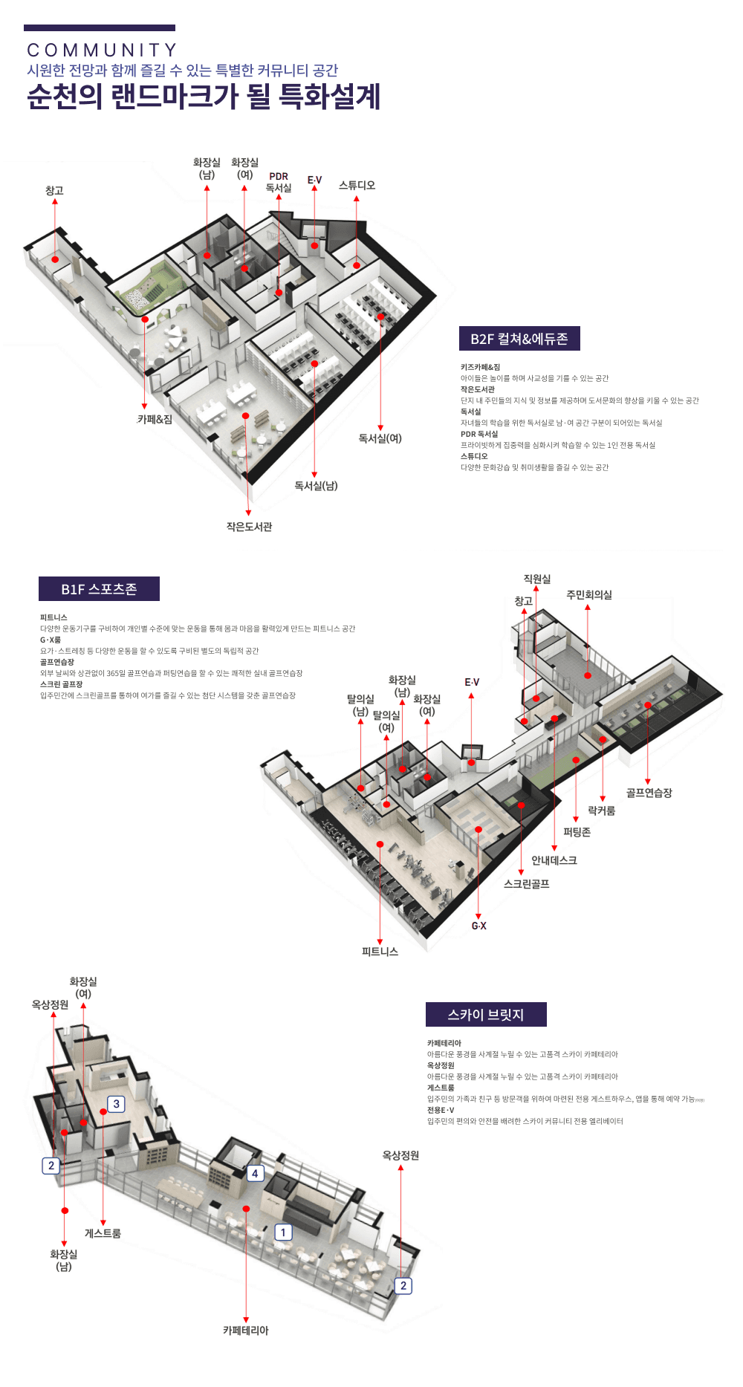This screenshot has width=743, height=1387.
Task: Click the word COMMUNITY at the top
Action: coord(102,51)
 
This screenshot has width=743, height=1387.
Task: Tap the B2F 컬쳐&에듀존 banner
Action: coord(519,339)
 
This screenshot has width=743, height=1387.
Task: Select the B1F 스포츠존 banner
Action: coord(99,589)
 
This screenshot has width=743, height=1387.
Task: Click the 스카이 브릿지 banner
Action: coord(486,1015)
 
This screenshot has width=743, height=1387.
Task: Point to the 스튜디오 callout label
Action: coord(357,185)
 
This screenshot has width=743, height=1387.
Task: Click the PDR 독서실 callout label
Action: coord(279,183)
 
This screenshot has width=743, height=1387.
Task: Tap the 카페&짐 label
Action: coord(155,419)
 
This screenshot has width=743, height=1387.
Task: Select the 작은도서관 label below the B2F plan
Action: coord(249,527)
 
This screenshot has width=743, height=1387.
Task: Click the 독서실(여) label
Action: coord(380,438)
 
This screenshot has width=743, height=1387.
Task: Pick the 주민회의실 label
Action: coord(588,594)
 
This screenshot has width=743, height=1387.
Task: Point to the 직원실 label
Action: coord(536,579)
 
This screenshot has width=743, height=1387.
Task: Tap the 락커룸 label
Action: coord(601,811)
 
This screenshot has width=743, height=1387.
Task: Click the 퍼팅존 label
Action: coord(577,832)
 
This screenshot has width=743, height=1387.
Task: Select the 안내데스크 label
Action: coord(554,860)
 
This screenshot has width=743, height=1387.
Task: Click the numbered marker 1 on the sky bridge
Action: coord(283,1232)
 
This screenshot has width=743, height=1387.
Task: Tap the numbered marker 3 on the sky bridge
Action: coord(116,1104)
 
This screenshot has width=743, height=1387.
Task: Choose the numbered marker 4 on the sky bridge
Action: coord(255,1173)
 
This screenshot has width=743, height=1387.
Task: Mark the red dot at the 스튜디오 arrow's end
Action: coord(357,265)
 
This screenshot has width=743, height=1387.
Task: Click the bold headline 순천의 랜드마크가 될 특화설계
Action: coord(204,97)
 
